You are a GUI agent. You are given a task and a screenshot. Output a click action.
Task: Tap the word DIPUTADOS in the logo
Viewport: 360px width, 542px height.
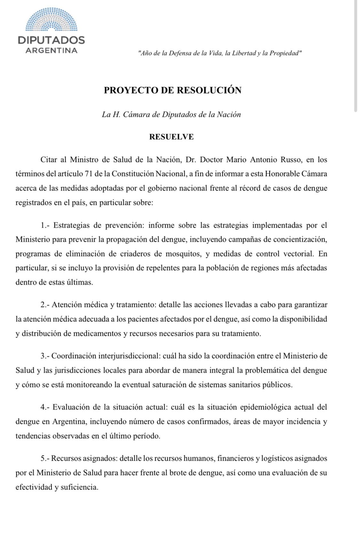pyautogui.click(x=51, y=40)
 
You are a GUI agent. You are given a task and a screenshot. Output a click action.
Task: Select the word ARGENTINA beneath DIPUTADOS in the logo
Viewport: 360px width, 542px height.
pyautogui.click(x=51, y=50)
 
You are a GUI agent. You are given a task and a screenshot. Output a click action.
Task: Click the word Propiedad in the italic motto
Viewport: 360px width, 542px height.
pyautogui.click(x=285, y=53)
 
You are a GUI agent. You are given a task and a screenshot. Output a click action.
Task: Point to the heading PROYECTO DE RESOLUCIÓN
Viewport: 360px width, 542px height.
pyautogui.click(x=172, y=90)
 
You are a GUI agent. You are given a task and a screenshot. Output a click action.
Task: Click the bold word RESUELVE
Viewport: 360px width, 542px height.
pyautogui.click(x=172, y=137)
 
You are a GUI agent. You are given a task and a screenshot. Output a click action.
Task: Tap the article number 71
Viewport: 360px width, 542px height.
pyautogui.click(x=97, y=174)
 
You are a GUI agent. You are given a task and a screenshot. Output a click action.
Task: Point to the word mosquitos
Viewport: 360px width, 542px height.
pyautogui.click(x=183, y=254)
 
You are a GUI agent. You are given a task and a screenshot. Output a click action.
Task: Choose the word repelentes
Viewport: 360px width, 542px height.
pyautogui.click(x=163, y=268)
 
